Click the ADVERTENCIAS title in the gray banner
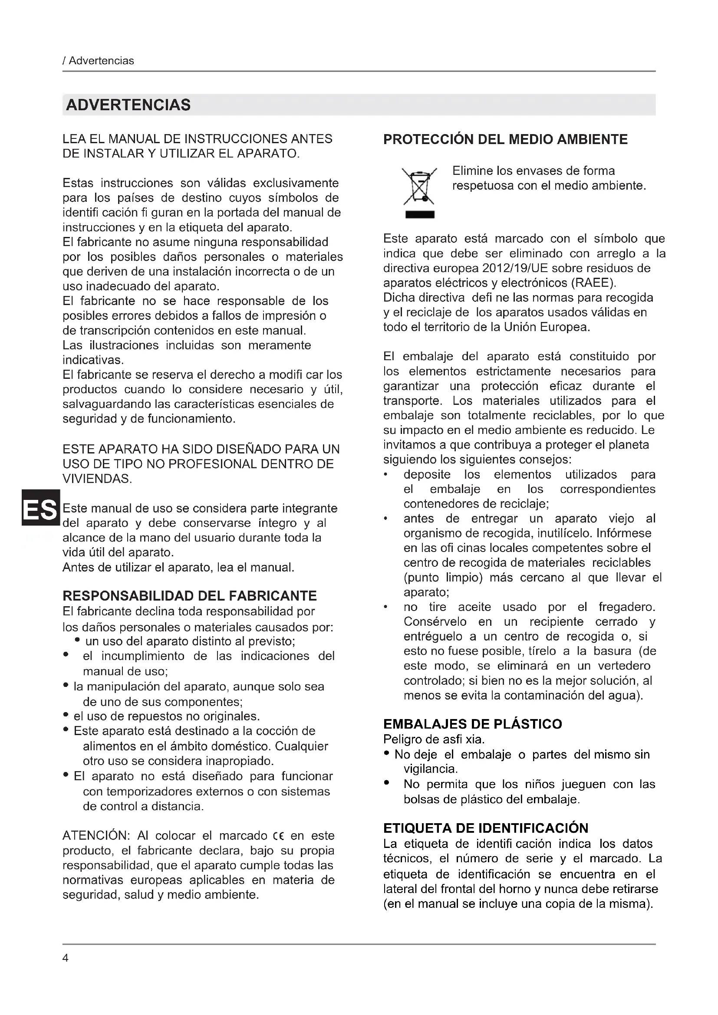tap(128, 105)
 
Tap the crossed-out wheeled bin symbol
tap(419, 186)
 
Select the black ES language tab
tap(40, 508)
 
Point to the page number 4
tap(66, 958)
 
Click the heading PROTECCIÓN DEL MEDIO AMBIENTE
tap(505, 140)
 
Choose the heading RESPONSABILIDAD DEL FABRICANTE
tap(190, 596)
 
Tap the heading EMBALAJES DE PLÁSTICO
tap(473, 724)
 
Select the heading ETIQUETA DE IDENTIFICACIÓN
tap(486, 828)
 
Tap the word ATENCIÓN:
tap(96, 835)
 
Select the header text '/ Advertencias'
tap(99, 61)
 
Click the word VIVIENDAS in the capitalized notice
tap(97, 479)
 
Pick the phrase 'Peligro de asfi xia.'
tap(434, 739)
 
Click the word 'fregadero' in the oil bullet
tap(626, 607)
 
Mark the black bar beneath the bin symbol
tap(420, 215)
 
